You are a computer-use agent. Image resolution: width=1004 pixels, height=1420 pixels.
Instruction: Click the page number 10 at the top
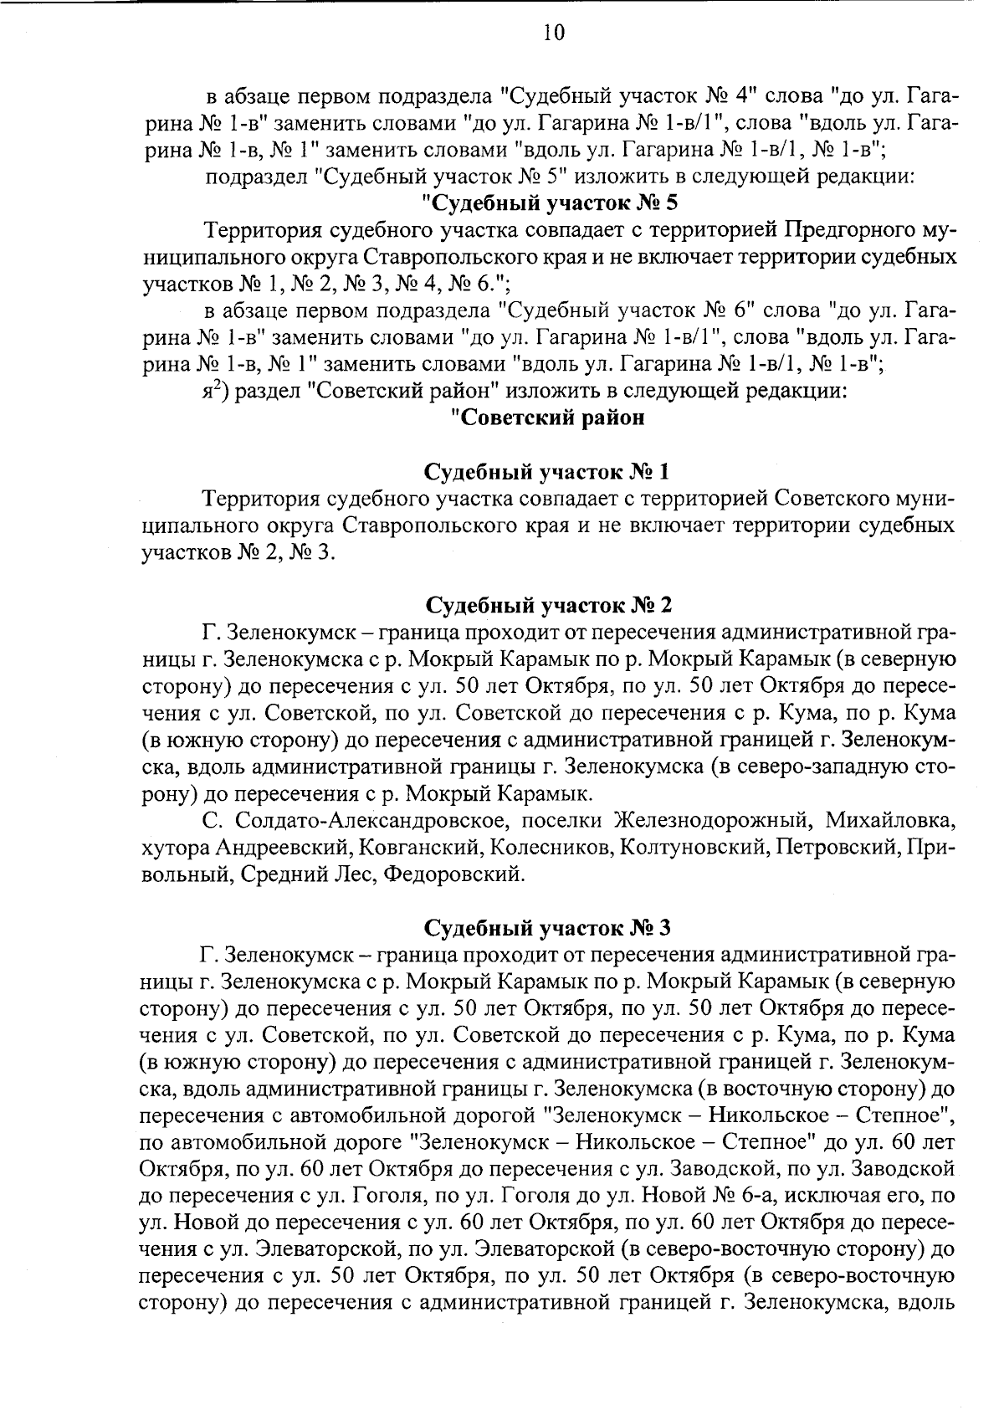pyautogui.click(x=554, y=33)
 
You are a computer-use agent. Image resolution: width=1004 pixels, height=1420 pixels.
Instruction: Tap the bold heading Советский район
pyautogui.click(x=548, y=418)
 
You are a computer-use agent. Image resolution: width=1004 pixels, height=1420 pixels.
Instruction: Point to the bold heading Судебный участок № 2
pyautogui.click(x=548, y=605)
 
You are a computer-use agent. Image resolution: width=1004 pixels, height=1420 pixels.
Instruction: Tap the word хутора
pyautogui.click(x=176, y=848)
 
